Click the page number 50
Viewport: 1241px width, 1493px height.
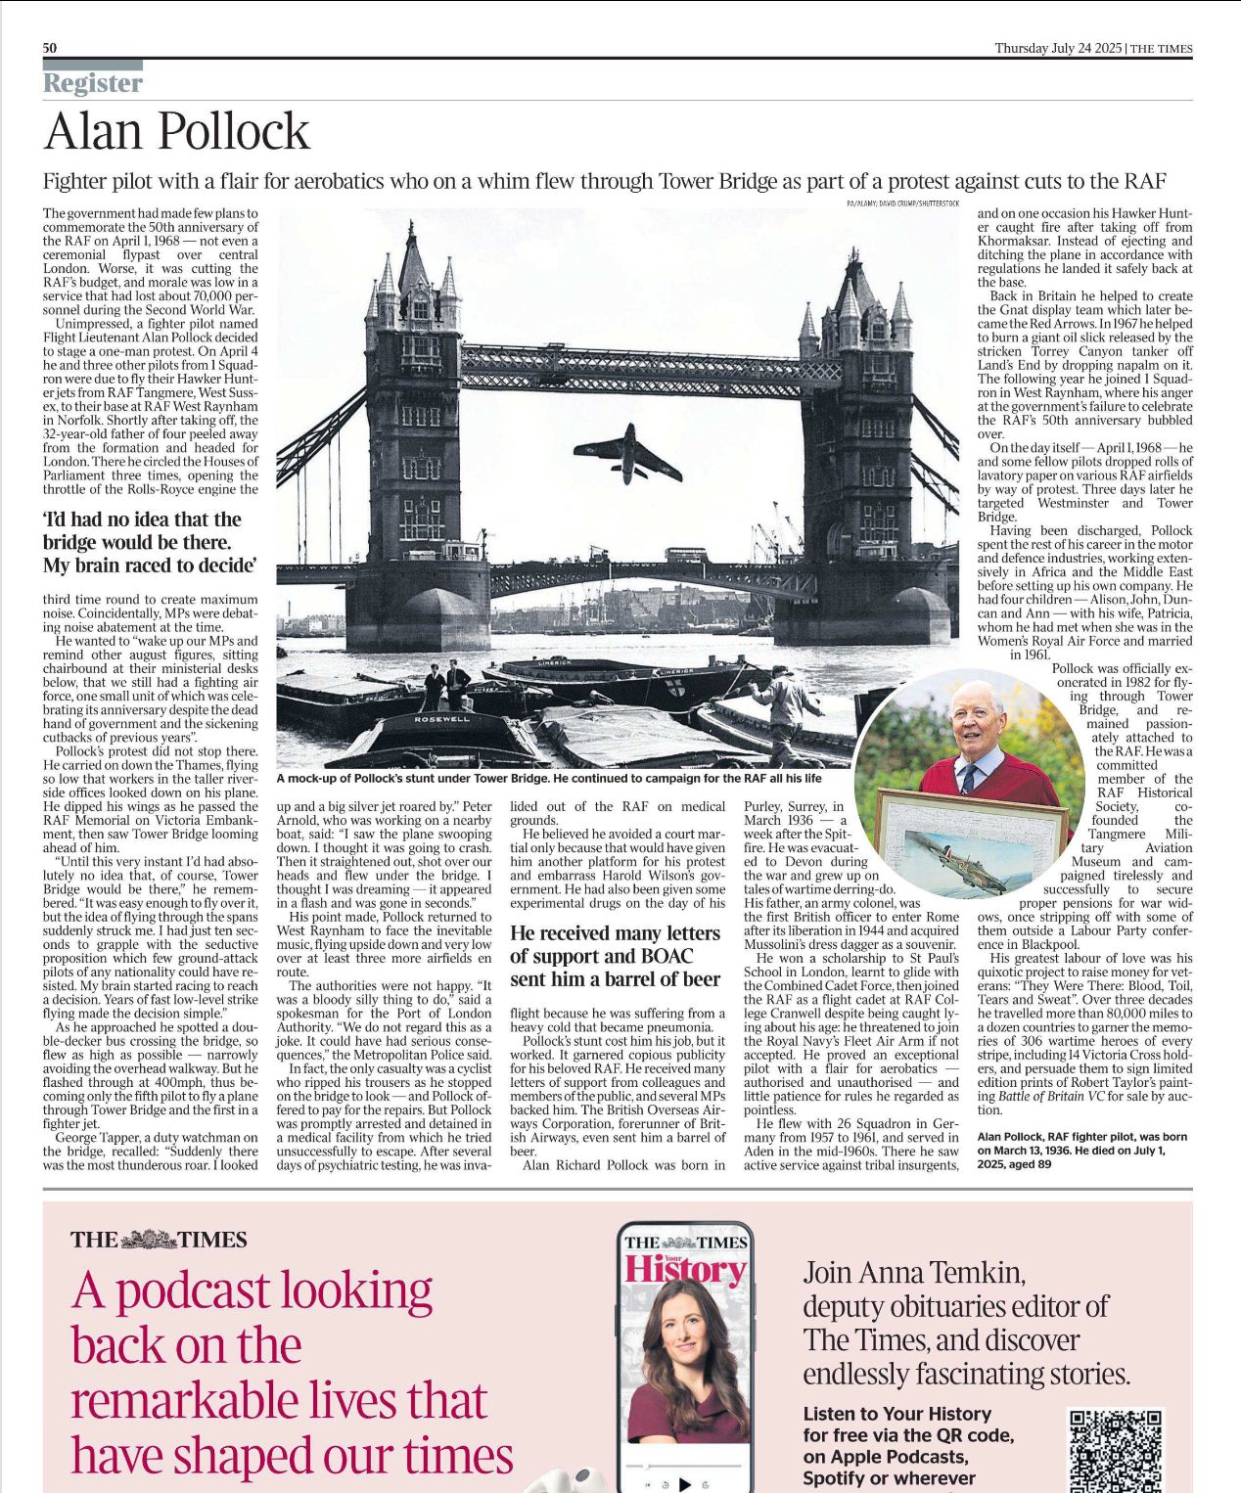50,48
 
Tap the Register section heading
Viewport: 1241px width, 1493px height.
93,83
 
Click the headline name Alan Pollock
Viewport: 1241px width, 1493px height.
177,132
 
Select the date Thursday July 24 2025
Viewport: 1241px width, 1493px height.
1057,48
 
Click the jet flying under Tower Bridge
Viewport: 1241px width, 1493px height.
626,453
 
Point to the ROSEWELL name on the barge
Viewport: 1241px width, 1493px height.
441,719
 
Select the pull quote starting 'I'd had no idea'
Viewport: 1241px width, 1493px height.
150,542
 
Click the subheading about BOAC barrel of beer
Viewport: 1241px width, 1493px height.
615,956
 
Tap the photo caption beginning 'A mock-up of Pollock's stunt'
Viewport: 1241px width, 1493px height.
548,779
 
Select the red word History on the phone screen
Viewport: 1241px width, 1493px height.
684,1269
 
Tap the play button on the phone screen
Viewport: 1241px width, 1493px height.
685,1484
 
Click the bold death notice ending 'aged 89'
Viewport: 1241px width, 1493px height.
1081,1151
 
